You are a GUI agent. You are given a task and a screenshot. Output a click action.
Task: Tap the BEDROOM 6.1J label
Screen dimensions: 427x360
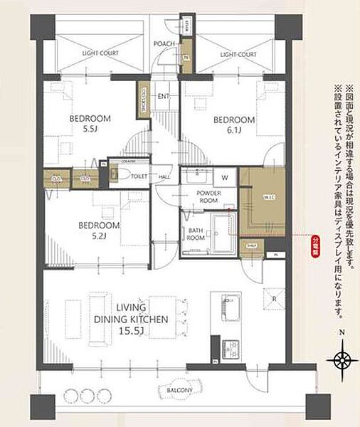pos(234,125)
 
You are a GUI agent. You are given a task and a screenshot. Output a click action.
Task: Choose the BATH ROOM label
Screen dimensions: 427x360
pos(196,234)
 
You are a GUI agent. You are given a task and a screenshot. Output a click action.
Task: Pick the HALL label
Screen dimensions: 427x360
pos(164,177)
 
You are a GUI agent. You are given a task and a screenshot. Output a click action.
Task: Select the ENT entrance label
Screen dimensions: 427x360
pos(163,96)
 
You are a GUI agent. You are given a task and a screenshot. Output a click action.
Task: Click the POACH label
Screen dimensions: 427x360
pos(164,44)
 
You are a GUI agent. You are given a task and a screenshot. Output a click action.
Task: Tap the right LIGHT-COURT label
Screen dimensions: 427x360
pos(238,54)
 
